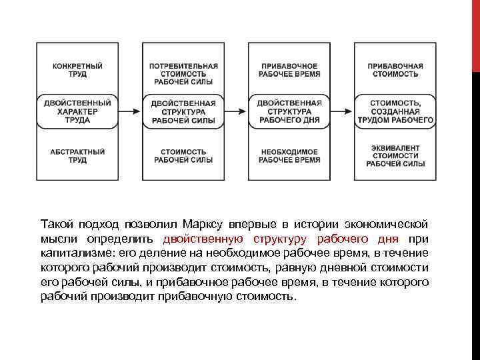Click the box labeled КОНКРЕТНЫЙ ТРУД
77,70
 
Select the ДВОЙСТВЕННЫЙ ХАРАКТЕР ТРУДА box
77,112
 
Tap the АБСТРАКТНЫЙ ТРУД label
77,156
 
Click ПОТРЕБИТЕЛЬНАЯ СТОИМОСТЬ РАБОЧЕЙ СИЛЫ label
183,74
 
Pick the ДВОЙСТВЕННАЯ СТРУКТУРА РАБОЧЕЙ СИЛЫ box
183,112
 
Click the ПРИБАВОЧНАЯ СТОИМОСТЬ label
395,70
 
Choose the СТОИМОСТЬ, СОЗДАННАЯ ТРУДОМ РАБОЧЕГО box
395,112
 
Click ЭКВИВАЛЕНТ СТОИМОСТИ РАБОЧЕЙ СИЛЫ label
395,155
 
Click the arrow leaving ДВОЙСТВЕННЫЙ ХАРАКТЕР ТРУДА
130,112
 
